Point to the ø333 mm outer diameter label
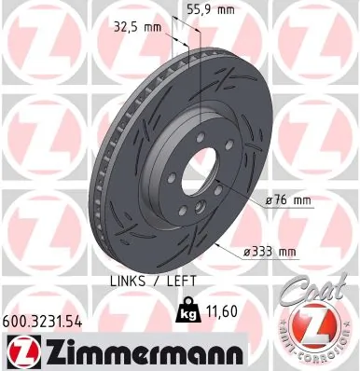point(270,252)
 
